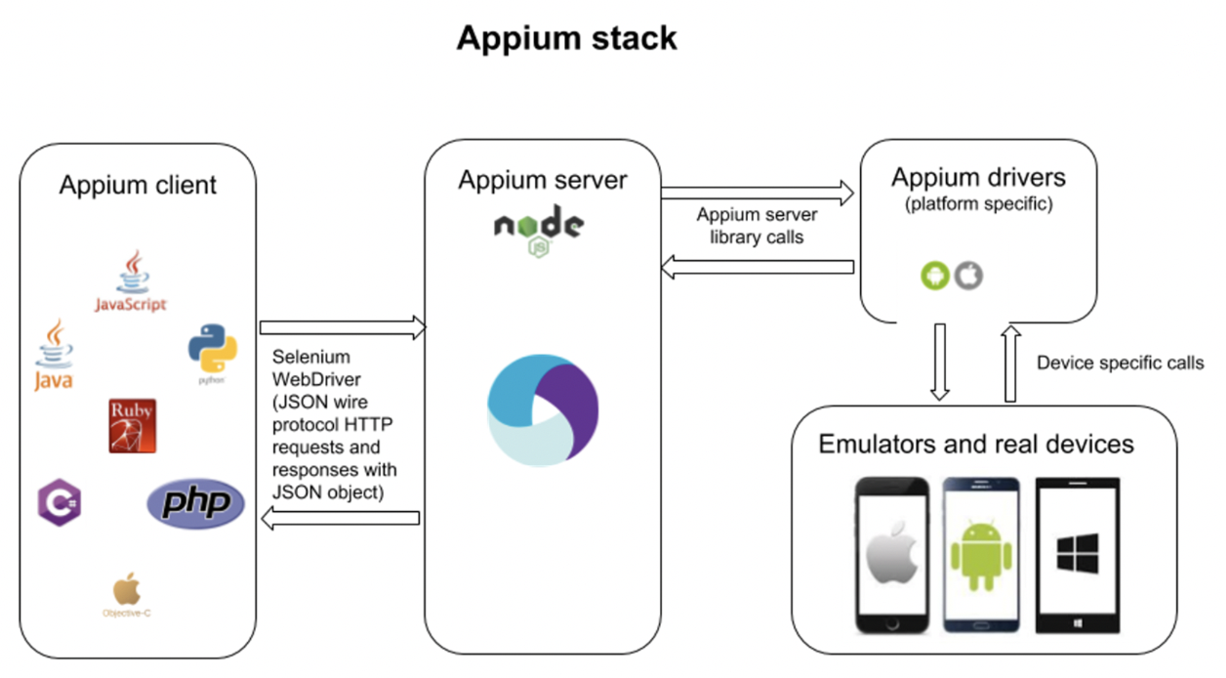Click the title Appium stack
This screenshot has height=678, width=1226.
[566, 38]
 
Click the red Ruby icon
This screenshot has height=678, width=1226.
[133, 425]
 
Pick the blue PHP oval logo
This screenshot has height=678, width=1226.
[195, 503]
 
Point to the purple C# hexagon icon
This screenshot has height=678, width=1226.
[59, 502]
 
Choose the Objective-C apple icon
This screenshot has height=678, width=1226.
[127, 595]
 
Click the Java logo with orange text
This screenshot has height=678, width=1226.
[53, 355]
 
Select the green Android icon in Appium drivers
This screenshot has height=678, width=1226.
[934, 275]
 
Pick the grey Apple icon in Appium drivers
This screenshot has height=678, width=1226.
[968, 275]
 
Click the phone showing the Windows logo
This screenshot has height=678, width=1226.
[1079, 554]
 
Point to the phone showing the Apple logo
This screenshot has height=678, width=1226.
[893, 554]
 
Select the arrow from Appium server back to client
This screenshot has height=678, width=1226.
[342, 519]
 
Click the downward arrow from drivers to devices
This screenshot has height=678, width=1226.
[939, 361]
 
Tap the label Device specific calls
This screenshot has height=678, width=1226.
[1120, 363]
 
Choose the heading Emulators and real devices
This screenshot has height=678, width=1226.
[976, 445]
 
